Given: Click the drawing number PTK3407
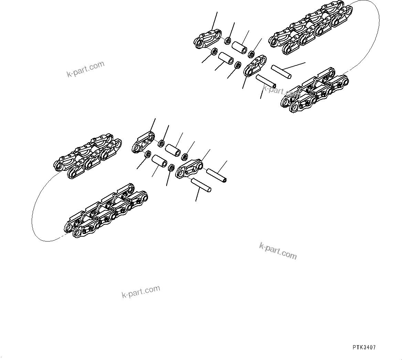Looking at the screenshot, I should pyautogui.click(x=364, y=348).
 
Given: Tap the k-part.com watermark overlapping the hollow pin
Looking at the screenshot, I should pyautogui.click(x=279, y=92).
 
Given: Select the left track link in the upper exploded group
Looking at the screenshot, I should pyautogui.click(x=208, y=39).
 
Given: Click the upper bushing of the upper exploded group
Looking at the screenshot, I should pyautogui.click(x=240, y=48).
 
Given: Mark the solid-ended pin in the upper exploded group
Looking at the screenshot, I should pyautogui.click(x=281, y=71).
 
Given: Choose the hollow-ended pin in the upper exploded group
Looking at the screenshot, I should pyautogui.click(x=266, y=81).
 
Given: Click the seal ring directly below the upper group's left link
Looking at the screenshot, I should pyautogui.click(x=214, y=52).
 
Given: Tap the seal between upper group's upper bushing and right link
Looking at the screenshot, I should pyautogui.click(x=251, y=54).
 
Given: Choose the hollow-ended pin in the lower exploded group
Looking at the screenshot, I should pyautogui.click(x=216, y=175).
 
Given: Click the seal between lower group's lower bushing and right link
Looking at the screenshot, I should pyautogui.click(x=170, y=168).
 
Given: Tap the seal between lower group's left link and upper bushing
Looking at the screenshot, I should pyautogui.click(x=161, y=143).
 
